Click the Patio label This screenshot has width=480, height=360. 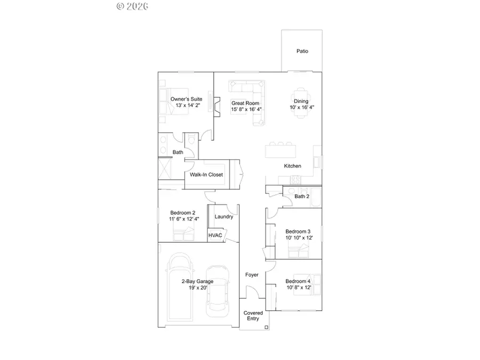[x=302, y=51]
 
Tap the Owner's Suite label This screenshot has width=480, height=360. [x=186, y=99]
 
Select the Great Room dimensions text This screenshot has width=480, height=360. [x=246, y=109]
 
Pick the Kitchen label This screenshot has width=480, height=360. [x=292, y=166]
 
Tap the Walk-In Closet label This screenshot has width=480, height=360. [x=206, y=174]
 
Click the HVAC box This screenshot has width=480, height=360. [x=215, y=235]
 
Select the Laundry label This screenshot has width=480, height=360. [x=223, y=217]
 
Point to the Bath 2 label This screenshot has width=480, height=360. [x=301, y=196]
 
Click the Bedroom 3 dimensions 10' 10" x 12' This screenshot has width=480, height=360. [x=299, y=238]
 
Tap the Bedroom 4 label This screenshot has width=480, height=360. [x=297, y=281]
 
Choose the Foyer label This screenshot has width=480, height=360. [x=252, y=275]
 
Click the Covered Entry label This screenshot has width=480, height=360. [x=253, y=316]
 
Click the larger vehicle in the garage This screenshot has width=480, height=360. [x=181, y=283]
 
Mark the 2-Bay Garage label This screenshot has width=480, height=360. [x=197, y=281]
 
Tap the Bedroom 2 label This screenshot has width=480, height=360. [x=182, y=212]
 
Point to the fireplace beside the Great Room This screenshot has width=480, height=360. [x=216, y=103]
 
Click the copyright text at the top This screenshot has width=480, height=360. [x=132, y=6]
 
